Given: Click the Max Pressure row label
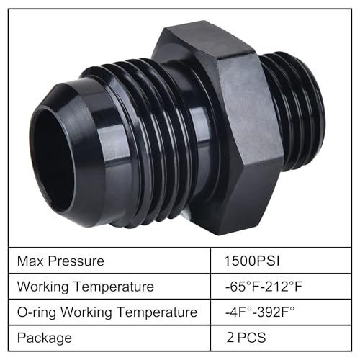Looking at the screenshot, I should tap(62, 261).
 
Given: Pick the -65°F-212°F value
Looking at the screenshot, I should tap(266, 287).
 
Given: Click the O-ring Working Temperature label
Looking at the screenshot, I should tap(107, 312).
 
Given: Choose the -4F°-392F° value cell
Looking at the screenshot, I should tap(265, 312).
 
